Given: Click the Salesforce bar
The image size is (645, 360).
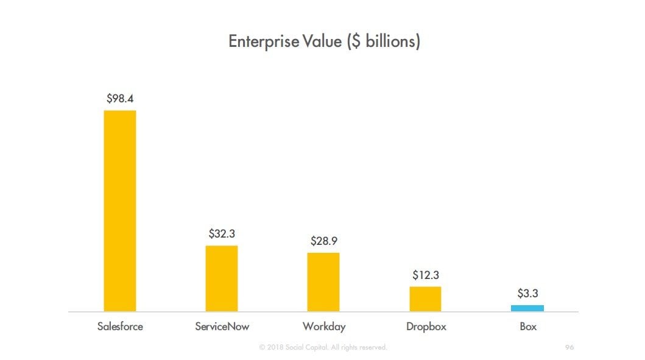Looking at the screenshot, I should pos(120,211).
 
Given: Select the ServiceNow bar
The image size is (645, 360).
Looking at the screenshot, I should pos(222,278).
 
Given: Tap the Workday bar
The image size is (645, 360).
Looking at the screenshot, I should pos(323,282).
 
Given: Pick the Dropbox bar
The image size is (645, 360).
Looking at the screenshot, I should pos(425,299).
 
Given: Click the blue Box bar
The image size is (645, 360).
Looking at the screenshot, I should pos(527,308).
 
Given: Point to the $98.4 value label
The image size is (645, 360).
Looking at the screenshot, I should pos(120,98).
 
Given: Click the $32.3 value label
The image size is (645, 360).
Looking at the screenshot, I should pos(222,233).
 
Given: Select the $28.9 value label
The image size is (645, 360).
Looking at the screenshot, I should pos(323,241).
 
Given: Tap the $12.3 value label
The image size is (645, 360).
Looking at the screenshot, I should pos(425,275).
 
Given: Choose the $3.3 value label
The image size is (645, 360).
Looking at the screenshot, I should pos(527,294).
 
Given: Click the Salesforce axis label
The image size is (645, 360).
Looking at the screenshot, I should pos(120,326).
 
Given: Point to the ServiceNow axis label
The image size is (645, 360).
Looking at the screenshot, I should pos(222,326).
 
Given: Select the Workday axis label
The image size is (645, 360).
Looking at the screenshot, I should pos(323,326).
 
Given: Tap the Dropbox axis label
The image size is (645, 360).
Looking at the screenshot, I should pos(426,326).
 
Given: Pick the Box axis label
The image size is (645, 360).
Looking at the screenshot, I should pos(527,326).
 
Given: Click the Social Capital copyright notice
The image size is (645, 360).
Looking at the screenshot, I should pos(323,347).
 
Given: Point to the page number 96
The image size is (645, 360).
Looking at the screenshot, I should pos(569,347).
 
